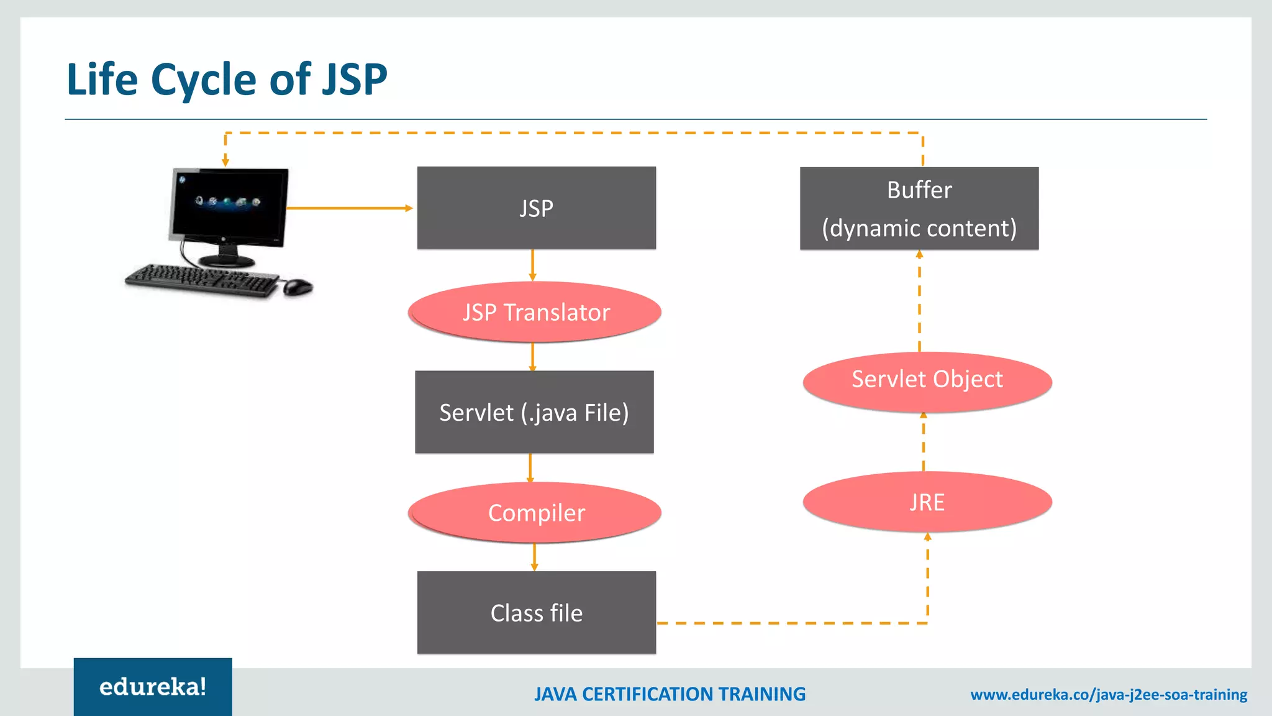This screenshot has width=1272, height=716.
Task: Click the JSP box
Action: pos(536,208)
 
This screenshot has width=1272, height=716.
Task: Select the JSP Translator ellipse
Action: pos(535,312)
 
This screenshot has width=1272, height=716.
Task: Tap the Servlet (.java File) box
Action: pos(534,412)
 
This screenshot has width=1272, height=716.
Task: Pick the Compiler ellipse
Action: pos(535,513)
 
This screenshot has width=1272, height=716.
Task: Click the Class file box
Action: pos(536,613)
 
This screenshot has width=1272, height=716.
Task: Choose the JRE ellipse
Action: pos(927,502)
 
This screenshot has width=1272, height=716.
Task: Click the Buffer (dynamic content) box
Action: pos(919,208)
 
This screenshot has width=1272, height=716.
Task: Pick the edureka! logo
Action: pos(153,687)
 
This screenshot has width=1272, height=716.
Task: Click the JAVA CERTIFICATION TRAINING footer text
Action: pos(670,694)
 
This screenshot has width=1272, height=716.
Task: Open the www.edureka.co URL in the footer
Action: pos(1109,694)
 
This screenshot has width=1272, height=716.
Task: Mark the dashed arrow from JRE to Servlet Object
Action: pos(924,442)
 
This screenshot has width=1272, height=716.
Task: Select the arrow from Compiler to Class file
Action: pos(534,557)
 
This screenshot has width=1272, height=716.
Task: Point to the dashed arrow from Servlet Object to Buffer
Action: pos(920,301)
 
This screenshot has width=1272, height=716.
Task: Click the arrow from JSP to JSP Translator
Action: pos(532,265)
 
